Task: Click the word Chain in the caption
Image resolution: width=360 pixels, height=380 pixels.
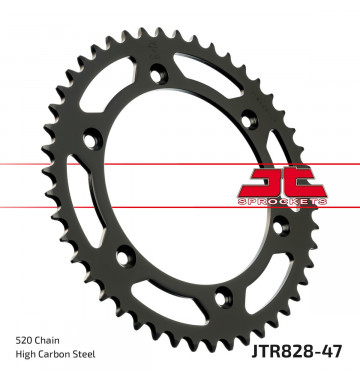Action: click(x=46, y=340)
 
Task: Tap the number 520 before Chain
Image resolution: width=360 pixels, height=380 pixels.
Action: click(x=23, y=340)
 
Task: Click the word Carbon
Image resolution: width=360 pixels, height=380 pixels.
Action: click(x=53, y=354)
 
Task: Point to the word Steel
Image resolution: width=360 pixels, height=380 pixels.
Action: click(x=84, y=354)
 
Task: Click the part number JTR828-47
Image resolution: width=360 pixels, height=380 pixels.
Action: click(x=297, y=351)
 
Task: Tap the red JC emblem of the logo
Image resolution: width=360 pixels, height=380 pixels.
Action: click(x=282, y=184)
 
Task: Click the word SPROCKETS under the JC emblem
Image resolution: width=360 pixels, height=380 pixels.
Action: click(x=282, y=201)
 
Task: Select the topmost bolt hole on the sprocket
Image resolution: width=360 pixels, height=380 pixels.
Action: click(x=157, y=73)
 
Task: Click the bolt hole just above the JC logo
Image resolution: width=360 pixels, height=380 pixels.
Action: click(x=249, y=119)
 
